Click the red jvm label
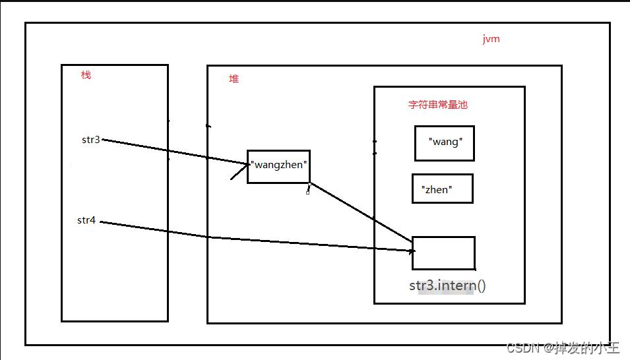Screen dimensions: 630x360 (491, 39)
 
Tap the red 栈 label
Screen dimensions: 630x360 (86, 75)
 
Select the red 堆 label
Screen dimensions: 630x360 (234, 78)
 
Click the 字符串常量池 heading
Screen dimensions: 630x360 (438, 104)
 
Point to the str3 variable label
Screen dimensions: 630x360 (91, 139)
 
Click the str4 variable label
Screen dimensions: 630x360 (86, 220)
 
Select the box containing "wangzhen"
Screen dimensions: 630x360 (278, 167)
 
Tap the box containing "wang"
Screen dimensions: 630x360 (445, 144)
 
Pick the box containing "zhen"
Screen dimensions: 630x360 (443, 189)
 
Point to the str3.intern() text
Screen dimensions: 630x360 (447, 285)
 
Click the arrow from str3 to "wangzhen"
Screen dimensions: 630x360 (175, 152)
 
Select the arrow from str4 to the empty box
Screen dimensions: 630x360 (257, 236)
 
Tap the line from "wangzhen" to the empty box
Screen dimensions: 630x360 (362, 212)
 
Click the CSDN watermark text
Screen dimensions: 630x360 (563, 347)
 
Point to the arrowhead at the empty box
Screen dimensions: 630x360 (412, 251)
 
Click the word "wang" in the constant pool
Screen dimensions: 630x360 (445, 142)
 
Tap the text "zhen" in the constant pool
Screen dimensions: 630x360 (437, 190)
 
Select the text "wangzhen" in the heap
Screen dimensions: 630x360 (279, 165)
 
